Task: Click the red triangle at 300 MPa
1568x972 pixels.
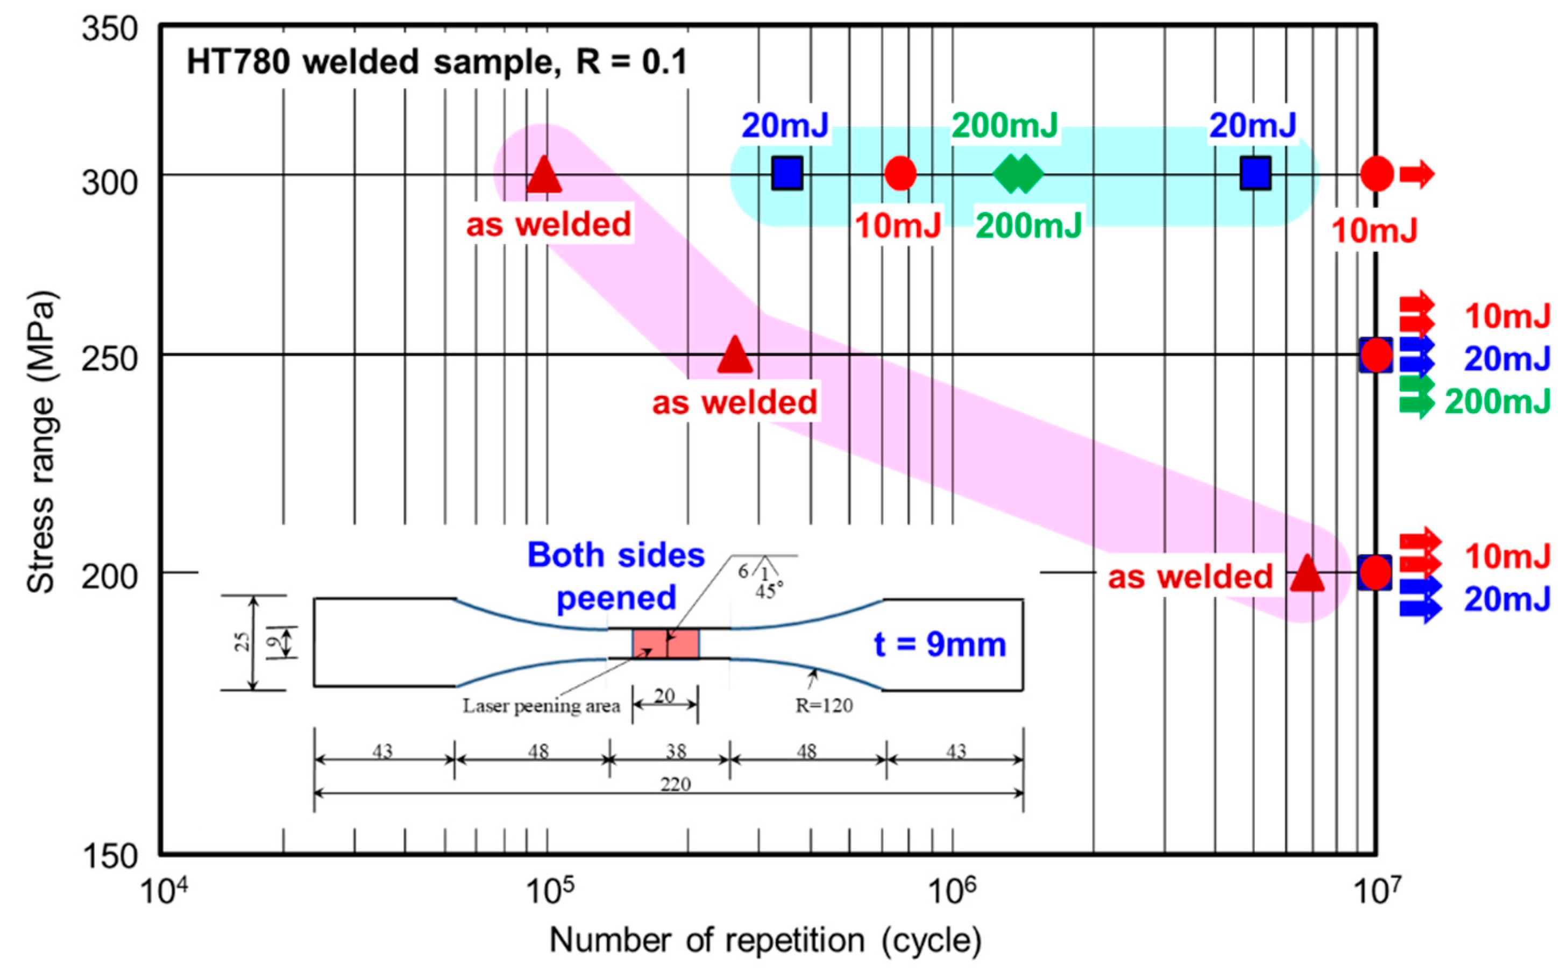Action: pos(544,175)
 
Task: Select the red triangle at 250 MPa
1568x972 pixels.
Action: pos(735,356)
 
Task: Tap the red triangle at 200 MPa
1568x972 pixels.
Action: pos(1307,574)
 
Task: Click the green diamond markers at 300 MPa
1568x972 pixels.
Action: pos(1018,174)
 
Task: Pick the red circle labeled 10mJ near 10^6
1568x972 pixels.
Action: pos(900,174)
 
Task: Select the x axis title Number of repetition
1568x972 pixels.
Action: pos(765,940)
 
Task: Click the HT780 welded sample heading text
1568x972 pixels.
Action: pos(437,63)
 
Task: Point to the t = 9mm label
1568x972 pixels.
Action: pos(939,645)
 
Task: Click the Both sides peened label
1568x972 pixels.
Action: pos(616,576)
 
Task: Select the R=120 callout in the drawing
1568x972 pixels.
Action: pos(824,706)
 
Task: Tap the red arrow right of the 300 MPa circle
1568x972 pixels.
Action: pos(1417,174)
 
